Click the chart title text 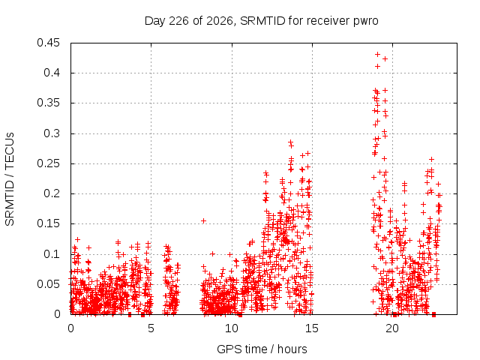point(262,21)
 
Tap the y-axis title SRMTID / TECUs point(10,179)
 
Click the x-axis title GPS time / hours point(262,349)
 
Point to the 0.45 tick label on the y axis point(48,43)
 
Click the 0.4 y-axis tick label point(52,73)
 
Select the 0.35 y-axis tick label point(48,103)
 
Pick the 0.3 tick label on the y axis point(52,133)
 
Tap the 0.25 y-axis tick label point(48,163)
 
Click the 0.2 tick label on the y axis point(52,193)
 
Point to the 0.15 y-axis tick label point(48,223)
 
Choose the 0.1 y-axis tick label point(52,254)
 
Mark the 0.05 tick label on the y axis point(48,284)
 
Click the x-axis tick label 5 point(151,328)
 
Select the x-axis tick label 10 point(232,328)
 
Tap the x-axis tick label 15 point(312,328)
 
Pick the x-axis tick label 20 point(392,328)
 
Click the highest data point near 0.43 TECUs point(377,55)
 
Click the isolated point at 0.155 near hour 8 point(203,220)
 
